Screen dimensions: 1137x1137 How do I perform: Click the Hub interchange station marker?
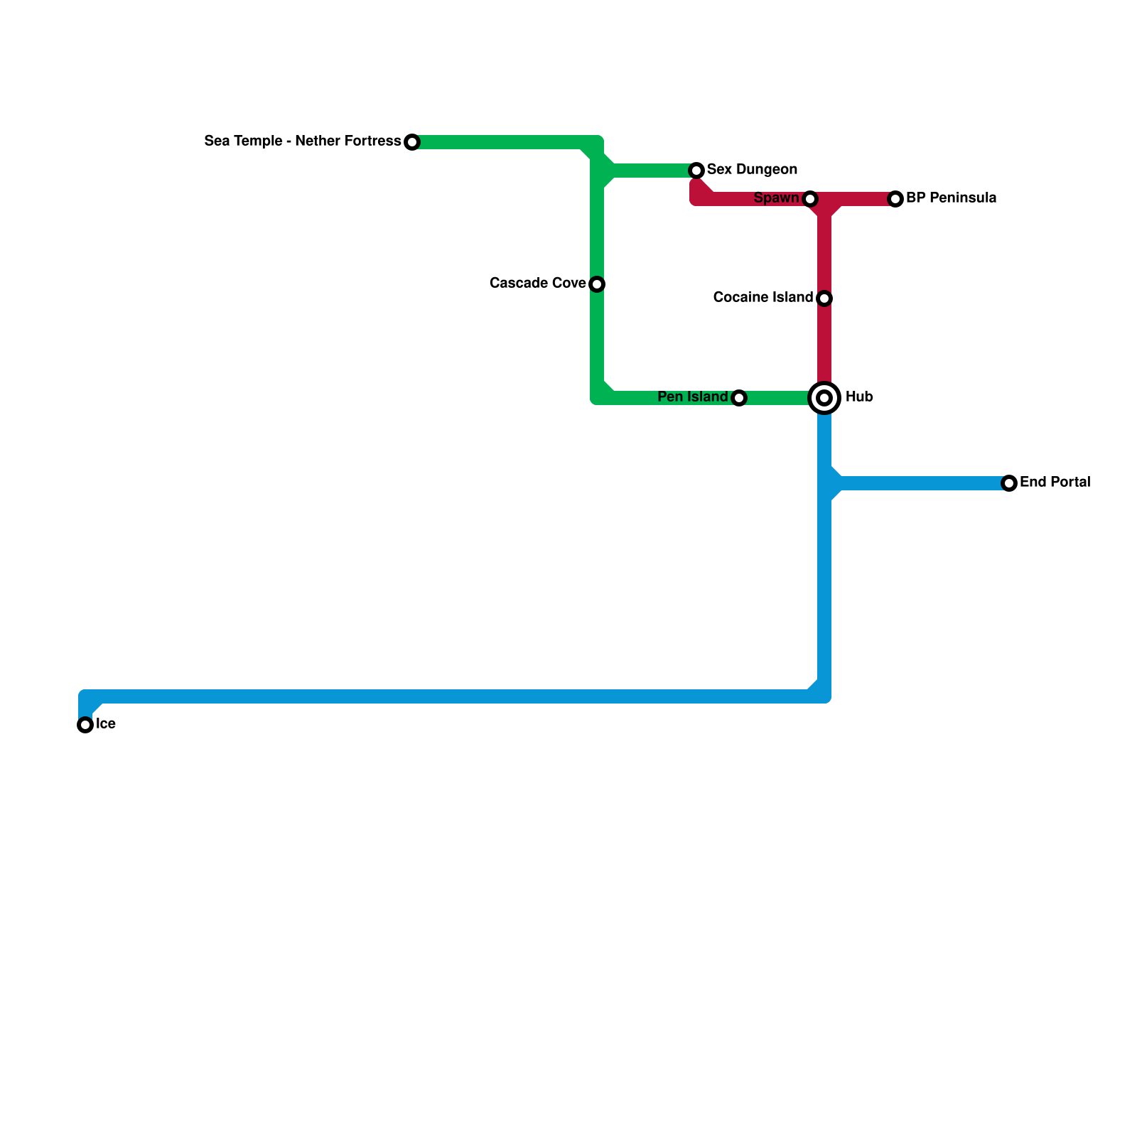tap(824, 398)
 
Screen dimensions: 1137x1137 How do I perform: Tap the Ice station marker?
tap(85, 725)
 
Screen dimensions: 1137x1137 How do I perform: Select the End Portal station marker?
tap(1009, 483)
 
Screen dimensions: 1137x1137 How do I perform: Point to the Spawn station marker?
tap(810, 199)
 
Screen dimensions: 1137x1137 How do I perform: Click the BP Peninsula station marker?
tap(895, 199)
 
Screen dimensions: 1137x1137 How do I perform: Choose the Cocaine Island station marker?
tap(824, 298)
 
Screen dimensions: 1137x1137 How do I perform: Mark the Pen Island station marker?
tap(739, 398)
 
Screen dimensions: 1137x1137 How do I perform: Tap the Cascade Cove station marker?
tap(597, 284)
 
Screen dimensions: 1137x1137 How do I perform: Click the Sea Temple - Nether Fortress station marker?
tap(412, 142)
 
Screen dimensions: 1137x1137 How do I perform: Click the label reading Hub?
tap(859, 397)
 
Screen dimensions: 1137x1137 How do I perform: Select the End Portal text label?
tap(1055, 483)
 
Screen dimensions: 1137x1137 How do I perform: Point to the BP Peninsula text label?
tap(951, 198)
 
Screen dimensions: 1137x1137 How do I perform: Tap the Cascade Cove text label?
tap(538, 284)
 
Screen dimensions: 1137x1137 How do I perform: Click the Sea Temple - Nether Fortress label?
tap(303, 141)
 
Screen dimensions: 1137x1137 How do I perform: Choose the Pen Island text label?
tap(693, 397)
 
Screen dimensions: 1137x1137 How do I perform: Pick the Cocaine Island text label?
tap(763, 298)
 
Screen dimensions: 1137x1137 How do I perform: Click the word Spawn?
tap(776, 198)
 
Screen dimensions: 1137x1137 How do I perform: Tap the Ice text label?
tap(106, 724)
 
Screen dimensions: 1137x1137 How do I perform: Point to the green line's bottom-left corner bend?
tap(598, 397)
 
